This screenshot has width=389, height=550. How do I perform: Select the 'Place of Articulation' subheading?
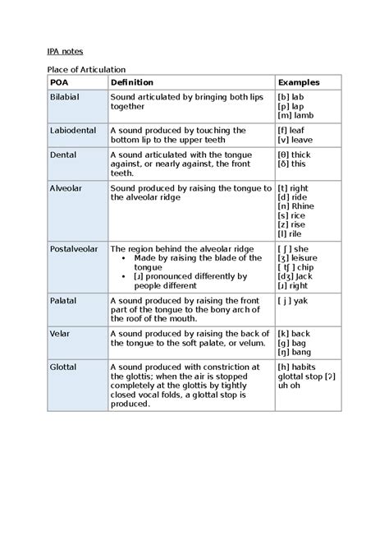85,69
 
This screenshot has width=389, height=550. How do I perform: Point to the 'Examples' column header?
299,83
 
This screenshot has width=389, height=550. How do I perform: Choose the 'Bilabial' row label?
66,97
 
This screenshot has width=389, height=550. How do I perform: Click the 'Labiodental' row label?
73,131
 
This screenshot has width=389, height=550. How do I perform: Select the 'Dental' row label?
63,155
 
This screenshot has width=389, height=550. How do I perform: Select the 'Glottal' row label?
64,367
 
